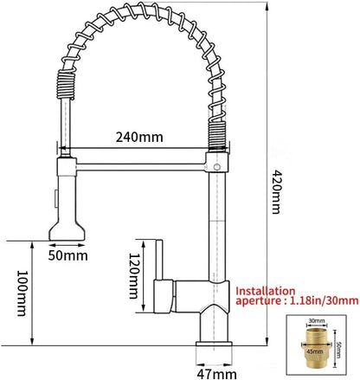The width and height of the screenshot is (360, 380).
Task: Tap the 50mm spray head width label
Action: click(68, 256)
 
